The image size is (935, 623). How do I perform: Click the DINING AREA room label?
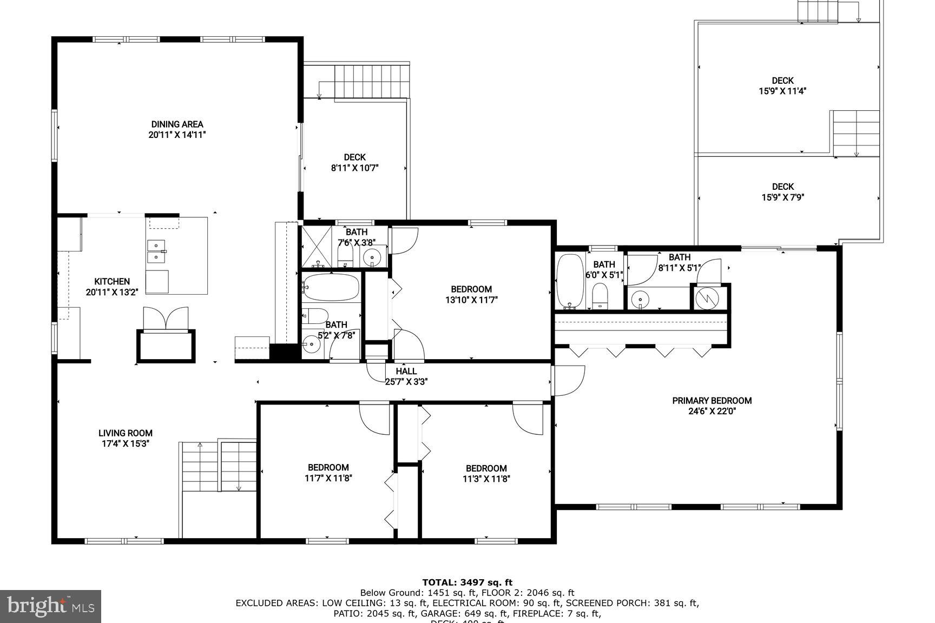coord(177,124)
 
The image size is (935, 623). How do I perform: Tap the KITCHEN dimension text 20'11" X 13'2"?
coord(112,292)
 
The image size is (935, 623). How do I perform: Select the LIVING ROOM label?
coord(126,433)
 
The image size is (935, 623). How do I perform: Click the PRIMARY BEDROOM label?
coord(712,401)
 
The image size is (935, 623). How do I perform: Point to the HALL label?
coord(406,371)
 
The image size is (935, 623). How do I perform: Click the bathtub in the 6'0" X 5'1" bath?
coord(570,280)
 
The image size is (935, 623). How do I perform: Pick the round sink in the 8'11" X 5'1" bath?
coord(641,297)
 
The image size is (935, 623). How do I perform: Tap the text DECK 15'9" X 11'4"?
coord(782,86)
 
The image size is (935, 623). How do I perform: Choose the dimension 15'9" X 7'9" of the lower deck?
coord(782,197)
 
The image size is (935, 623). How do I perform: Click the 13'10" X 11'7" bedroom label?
coord(471,294)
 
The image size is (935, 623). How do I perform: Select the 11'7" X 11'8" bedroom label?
coord(328,473)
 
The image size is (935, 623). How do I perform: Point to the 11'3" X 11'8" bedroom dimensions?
coord(486,479)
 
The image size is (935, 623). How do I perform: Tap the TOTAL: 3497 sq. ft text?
coord(467,582)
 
